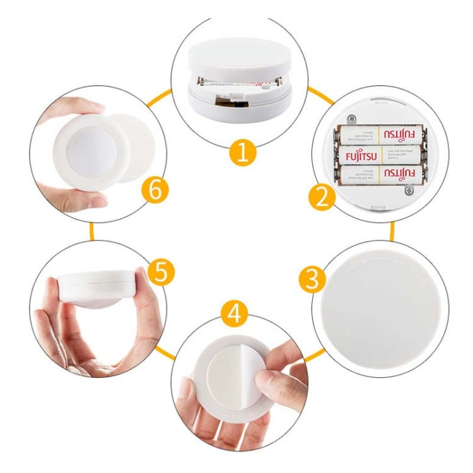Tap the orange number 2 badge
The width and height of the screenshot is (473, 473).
click(322, 197)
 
